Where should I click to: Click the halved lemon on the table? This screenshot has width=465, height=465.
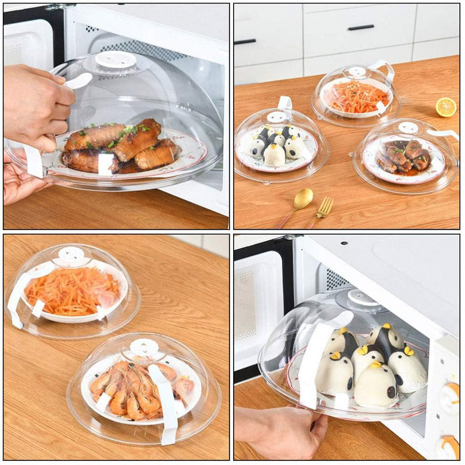446,107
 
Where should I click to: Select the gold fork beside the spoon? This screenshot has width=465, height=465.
324,208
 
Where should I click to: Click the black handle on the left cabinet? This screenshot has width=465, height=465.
245,41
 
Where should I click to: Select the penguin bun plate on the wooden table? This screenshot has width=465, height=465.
277,146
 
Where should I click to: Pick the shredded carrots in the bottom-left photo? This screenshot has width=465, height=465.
72,289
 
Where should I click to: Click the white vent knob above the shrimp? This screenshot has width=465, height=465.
144,348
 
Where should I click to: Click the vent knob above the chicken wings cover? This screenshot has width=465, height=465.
116,59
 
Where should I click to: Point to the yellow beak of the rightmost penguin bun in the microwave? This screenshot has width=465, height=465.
408,350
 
